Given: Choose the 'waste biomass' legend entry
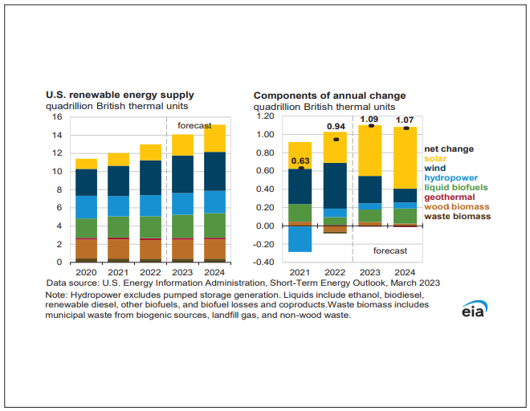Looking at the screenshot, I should [x=457, y=216].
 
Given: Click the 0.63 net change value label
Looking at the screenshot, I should [x=300, y=161].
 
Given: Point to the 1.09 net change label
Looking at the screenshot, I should [x=369, y=120].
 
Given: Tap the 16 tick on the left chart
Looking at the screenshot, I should [x=57, y=116].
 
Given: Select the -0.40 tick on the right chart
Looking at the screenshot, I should [x=265, y=262].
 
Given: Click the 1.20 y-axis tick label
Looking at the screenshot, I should [x=266, y=116].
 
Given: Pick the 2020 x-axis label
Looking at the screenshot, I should [x=86, y=273].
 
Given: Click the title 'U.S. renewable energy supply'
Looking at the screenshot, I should [x=119, y=96].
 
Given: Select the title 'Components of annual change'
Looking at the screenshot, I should [x=329, y=96].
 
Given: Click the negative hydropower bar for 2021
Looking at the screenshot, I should [x=300, y=238].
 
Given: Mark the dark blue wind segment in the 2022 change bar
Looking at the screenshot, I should [x=335, y=185].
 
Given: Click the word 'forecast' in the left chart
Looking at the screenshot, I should [x=194, y=125].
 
